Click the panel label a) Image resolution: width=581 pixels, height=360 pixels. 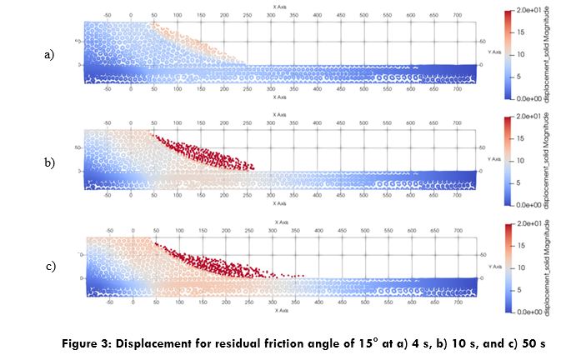coord(48,54)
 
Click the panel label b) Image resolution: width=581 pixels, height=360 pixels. coord(48,162)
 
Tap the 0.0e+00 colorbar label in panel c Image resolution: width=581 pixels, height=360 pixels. coord(529,311)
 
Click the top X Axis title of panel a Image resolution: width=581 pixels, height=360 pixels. coord(281,5)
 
